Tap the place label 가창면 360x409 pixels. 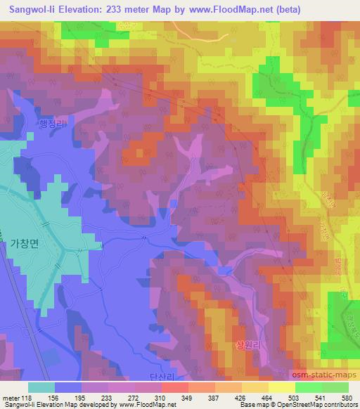(27, 243)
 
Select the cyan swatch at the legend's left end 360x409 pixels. (42, 387)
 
